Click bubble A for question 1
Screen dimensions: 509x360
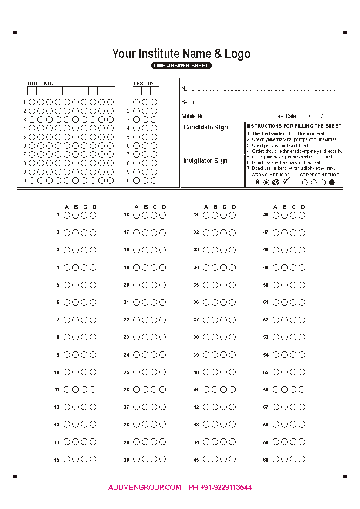(x=67, y=215)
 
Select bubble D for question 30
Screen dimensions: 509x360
(x=162, y=459)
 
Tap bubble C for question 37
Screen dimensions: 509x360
(x=223, y=320)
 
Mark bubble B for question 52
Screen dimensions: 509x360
(x=284, y=320)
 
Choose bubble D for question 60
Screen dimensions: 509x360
(x=302, y=459)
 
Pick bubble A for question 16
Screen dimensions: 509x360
(x=136, y=215)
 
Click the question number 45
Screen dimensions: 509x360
(x=196, y=460)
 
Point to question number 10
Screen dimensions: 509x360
(x=57, y=373)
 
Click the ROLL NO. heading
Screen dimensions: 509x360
(x=40, y=84)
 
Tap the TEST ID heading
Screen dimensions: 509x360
(x=143, y=84)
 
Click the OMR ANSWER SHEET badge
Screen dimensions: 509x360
(x=182, y=66)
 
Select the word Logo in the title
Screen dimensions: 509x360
(x=238, y=54)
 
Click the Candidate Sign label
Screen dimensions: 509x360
(x=205, y=128)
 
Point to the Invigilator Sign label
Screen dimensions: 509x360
(x=205, y=161)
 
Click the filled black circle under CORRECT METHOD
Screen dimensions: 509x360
(x=332, y=182)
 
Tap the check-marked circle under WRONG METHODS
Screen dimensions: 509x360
(x=285, y=182)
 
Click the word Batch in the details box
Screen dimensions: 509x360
(x=188, y=102)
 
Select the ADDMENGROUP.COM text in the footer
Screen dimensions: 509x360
(x=145, y=488)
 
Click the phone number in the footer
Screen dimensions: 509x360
(x=220, y=488)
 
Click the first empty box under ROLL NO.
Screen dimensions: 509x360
(x=32, y=91)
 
